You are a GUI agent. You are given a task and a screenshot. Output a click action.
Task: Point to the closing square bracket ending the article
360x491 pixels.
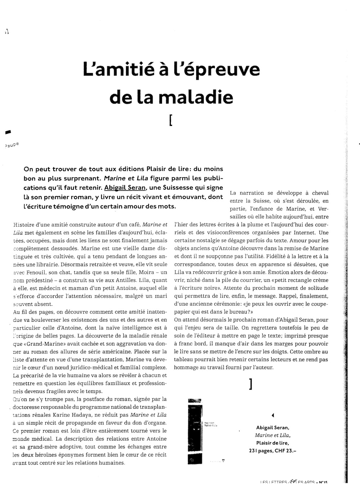pyautogui.click(x=250, y=384)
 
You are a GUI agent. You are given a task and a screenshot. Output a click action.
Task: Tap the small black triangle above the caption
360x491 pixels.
pyautogui.click(x=273, y=415)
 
